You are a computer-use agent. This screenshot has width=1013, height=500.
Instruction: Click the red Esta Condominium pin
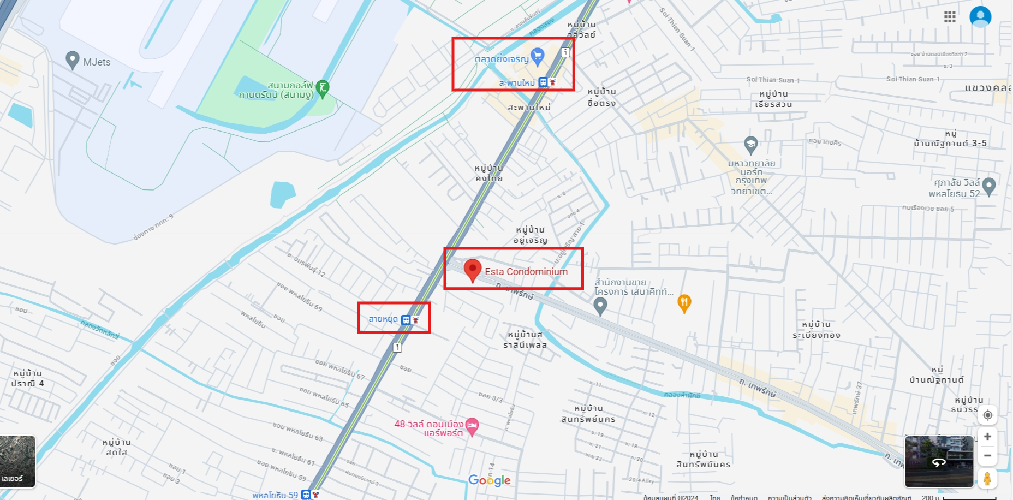tap(472, 270)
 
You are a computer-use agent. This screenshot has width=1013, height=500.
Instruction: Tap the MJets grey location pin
tap(72, 59)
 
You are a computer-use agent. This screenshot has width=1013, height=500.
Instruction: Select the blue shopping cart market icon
tap(538, 56)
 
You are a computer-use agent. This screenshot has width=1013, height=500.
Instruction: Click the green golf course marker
tap(323, 88)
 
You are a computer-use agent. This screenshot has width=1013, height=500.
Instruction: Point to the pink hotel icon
tap(472, 426)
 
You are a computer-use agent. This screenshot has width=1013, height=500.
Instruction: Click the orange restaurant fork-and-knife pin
tap(684, 302)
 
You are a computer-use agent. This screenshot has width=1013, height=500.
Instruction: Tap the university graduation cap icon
tap(751, 145)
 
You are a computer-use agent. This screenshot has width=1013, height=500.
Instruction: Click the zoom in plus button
tap(987, 437)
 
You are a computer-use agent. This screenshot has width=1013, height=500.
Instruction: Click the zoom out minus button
tap(987, 456)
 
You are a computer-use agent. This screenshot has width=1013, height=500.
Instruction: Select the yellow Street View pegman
tap(987, 479)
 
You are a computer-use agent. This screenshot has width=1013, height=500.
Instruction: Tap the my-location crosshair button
tap(987, 415)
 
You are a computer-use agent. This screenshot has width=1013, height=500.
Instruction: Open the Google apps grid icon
tap(950, 17)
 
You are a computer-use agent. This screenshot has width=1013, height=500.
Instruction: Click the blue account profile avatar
tap(980, 16)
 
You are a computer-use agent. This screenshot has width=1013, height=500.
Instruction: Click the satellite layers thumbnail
tap(17, 461)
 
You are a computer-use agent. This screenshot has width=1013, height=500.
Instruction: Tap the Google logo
tap(490, 480)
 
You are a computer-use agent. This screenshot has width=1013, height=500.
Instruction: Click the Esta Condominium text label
tap(526, 272)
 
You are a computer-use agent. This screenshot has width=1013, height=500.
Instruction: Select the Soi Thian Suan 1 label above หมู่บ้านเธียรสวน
tap(773, 80)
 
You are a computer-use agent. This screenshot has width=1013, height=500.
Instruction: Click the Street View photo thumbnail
tap(939, 461)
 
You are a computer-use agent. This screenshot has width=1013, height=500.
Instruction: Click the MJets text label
tap(97, 62)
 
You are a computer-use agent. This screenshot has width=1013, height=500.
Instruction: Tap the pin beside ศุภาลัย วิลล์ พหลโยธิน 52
tap(989, 186)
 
